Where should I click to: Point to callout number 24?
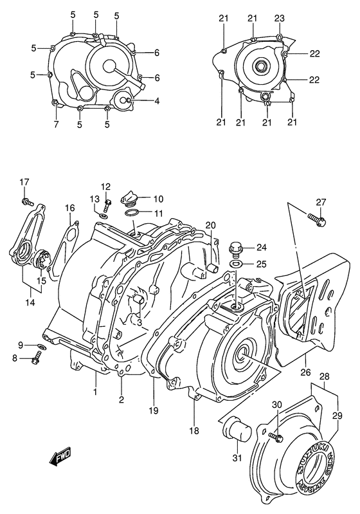pyautogui.click(x=260, y=248)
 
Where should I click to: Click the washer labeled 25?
pyautogui.click(x=235, y=264)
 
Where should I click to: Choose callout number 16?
pyautogui.click(x=69, y=208)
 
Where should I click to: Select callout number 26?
pyautogui.click(x=305, y=372)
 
